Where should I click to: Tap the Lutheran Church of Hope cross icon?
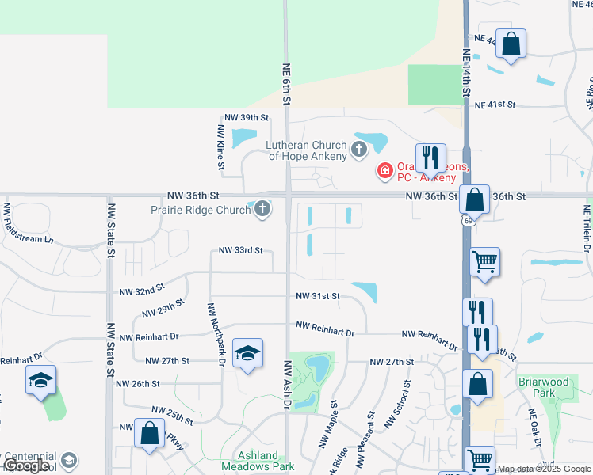(x=359, y=148)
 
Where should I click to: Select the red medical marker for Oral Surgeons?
(x=384, y=170)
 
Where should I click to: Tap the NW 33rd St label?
(x=240, y=251)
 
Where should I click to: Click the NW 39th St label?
(x=247, y=117)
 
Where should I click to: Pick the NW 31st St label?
(x=317, y=296)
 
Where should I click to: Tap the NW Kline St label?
(x=220, y=147)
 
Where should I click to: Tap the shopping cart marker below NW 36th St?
(x=484, y=260)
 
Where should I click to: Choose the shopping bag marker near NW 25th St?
(x=149, y=434)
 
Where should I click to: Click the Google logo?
(x=26, y=465)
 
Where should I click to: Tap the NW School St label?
(x=399, y=405)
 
